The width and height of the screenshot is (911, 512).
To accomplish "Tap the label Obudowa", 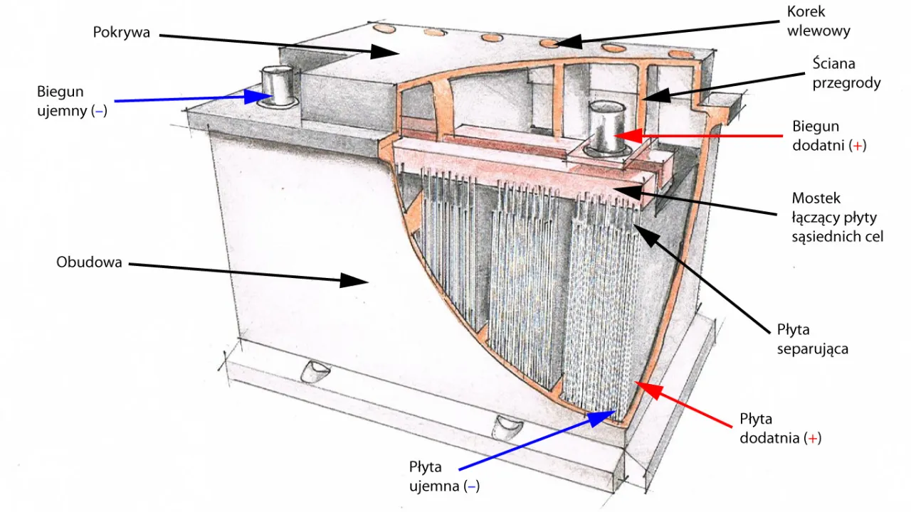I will coord(89,262).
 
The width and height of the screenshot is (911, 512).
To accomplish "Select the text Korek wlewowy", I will coord(818,21).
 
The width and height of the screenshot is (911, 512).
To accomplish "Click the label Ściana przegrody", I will coord(846,73).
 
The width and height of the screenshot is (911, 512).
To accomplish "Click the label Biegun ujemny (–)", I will coord(72,101).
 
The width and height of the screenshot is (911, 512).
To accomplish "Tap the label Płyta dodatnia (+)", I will coord(780,428).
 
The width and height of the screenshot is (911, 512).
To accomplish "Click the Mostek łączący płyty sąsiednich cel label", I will coord(837,217).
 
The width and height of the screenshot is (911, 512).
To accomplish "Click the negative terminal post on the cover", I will coord(276,85).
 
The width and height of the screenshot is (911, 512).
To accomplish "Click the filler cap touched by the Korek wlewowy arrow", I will coord(549,43).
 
